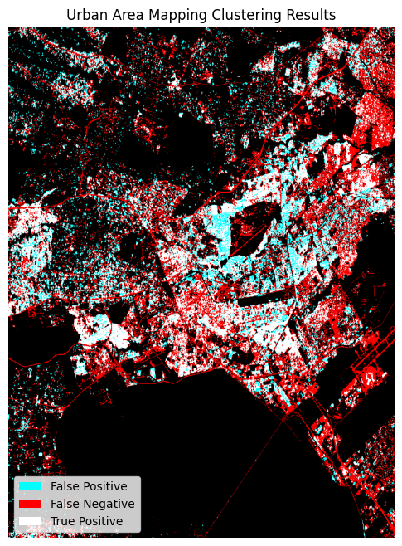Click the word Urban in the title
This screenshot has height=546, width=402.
click(x=84, y=15)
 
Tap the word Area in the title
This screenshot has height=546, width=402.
click(x=123, y=15)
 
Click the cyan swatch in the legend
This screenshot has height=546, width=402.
click(x=31, y=486)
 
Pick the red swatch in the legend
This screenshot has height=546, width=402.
click(x=31, y=504)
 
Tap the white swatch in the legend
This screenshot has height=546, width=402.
click(x=31, y=521)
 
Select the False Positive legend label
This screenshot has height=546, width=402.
click(x=89, y=486)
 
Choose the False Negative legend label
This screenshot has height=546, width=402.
click(x=92, y=504)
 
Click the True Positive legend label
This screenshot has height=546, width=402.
click(x=86, y=521)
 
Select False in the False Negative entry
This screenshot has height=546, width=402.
click(x=65, y=504)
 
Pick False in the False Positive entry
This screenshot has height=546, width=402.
click(x=65, y=486)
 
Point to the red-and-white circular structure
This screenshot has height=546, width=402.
click(x=368, y=378)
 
